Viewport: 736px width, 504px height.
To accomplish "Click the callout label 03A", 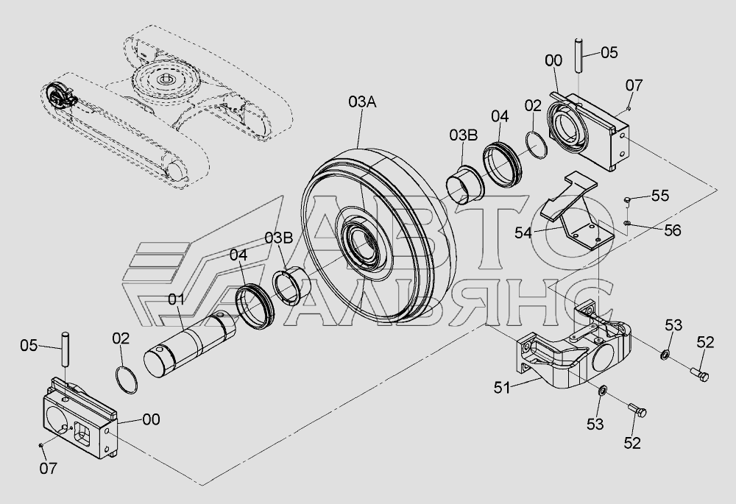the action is [361, 102].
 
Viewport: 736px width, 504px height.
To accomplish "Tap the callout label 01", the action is [176, 299].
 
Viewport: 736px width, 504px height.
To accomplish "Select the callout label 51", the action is [501, 388].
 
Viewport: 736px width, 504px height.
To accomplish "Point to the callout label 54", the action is [523, 233].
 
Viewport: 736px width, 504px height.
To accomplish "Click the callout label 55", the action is [660, 196].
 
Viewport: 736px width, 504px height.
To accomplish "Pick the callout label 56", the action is [672, 230].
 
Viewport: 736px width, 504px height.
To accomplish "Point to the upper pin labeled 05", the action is [578, 55].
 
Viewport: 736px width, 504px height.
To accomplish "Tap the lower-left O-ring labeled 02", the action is [127, 375].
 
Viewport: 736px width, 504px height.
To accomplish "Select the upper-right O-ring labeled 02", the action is [536, 144].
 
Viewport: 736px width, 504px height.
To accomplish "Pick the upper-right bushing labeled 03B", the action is [464, 184].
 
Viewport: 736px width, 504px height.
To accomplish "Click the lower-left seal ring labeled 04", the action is [254, 306].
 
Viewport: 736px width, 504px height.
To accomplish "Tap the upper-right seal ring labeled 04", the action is [503, 163].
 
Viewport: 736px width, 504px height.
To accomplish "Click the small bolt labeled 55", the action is [627, 200].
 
